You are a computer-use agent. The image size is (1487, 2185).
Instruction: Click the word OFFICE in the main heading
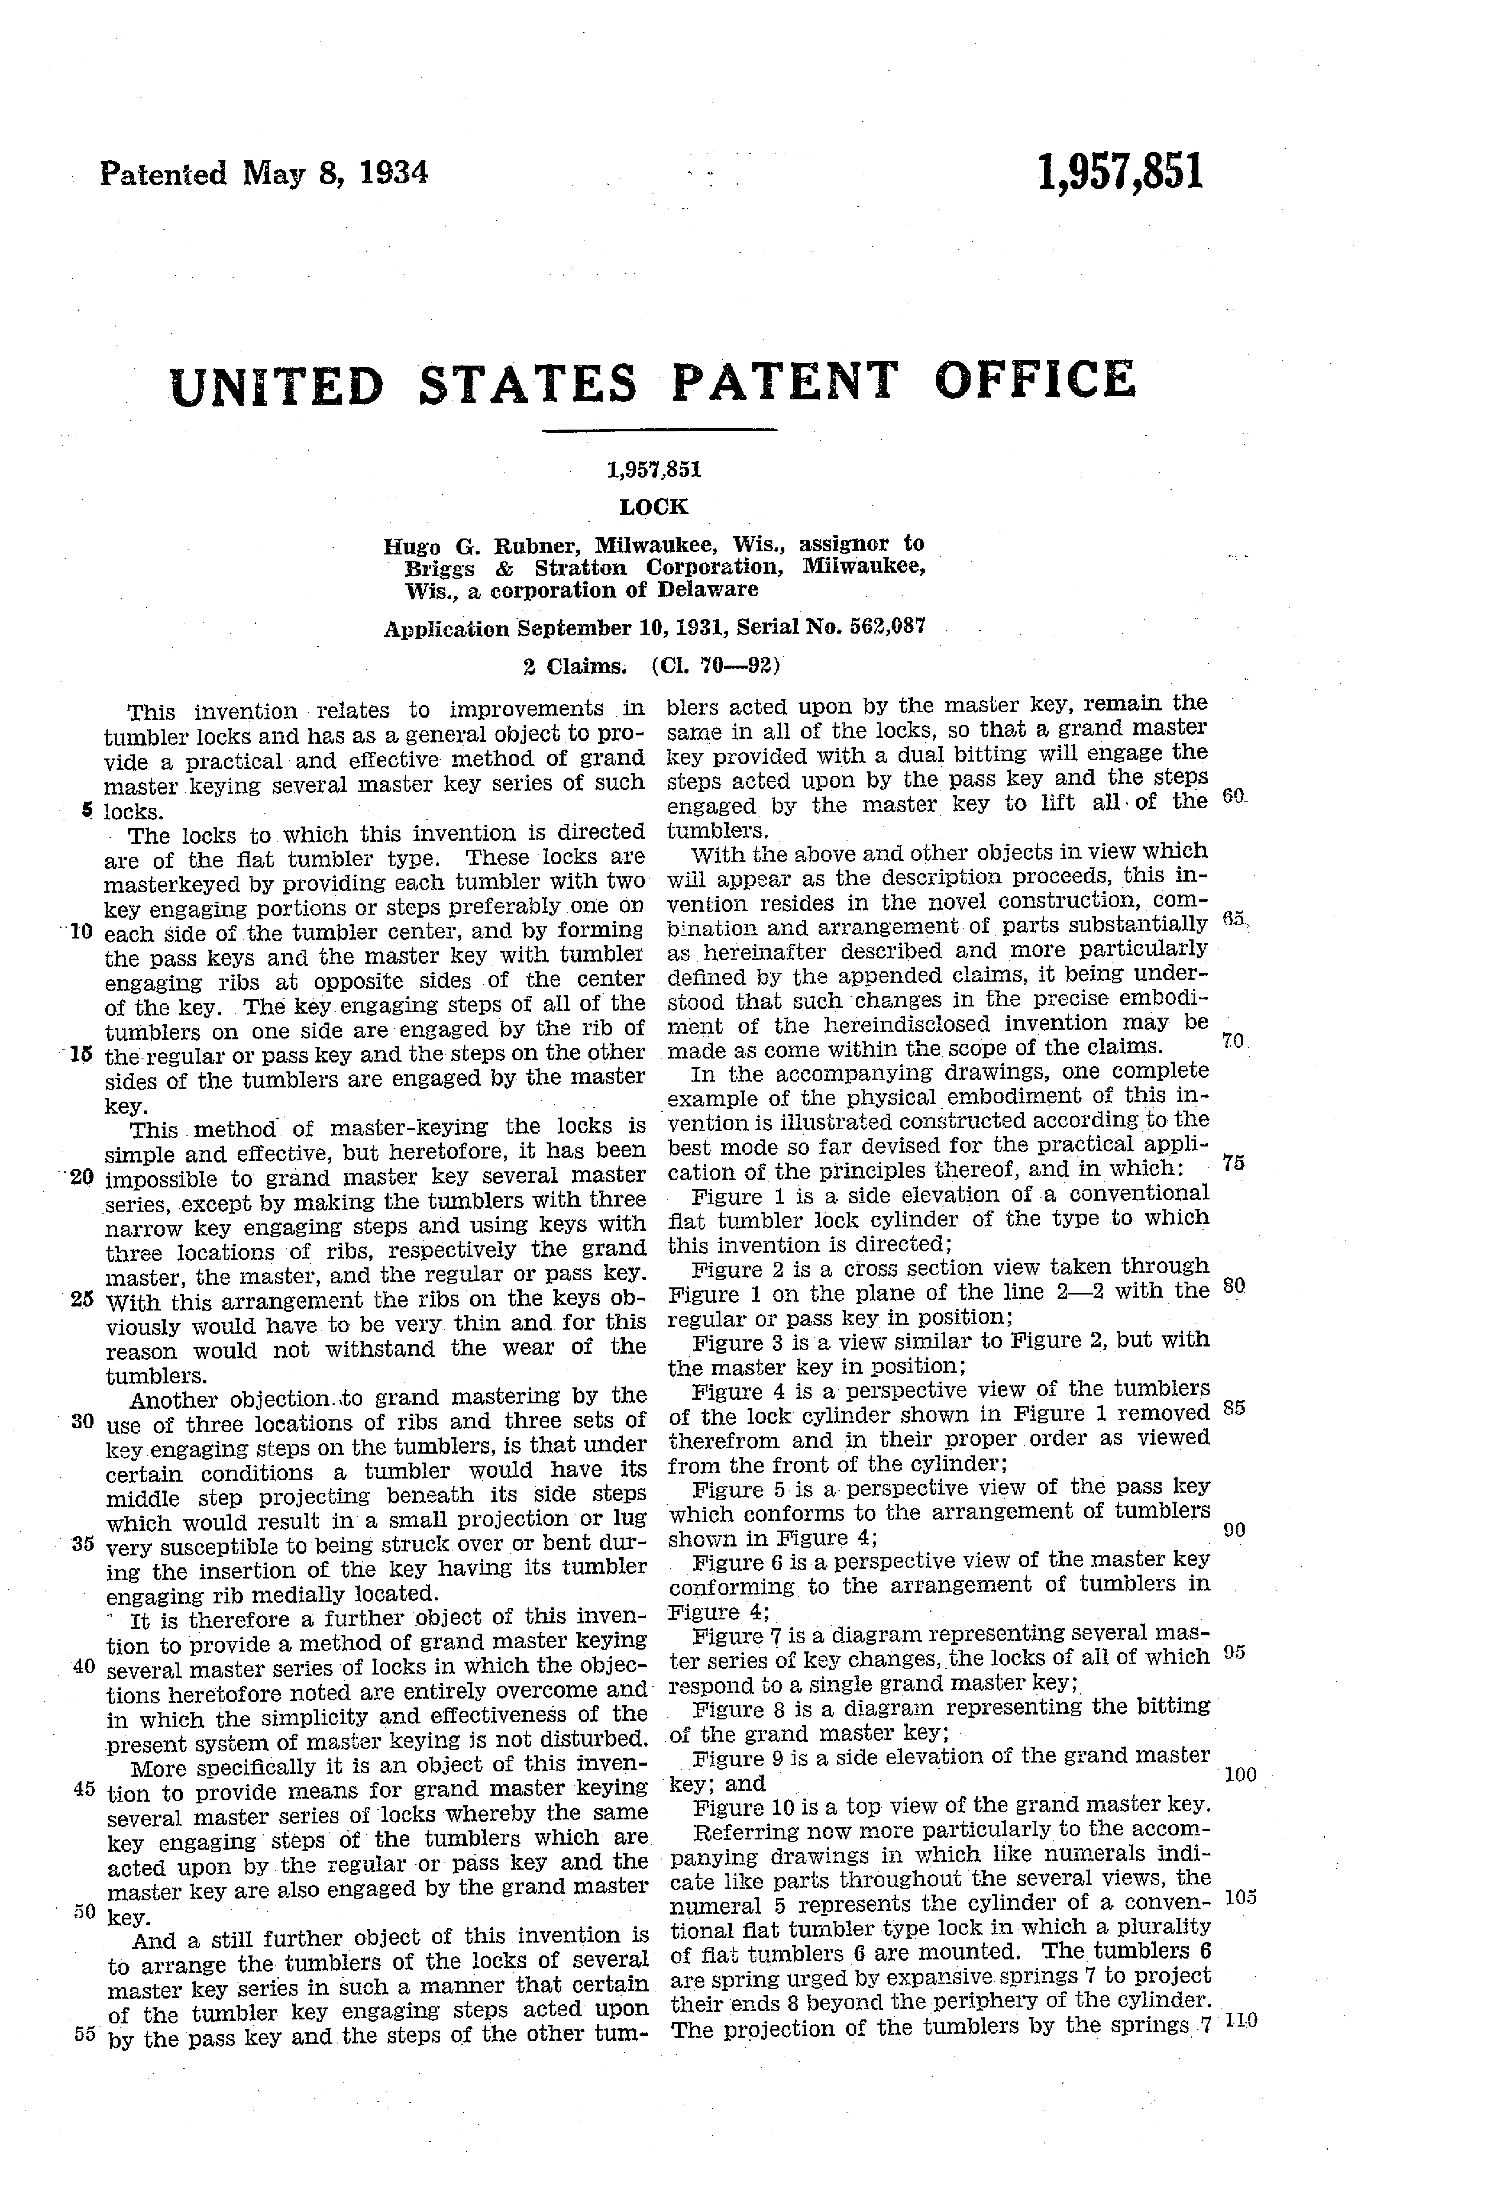[x=1034, y=381]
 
